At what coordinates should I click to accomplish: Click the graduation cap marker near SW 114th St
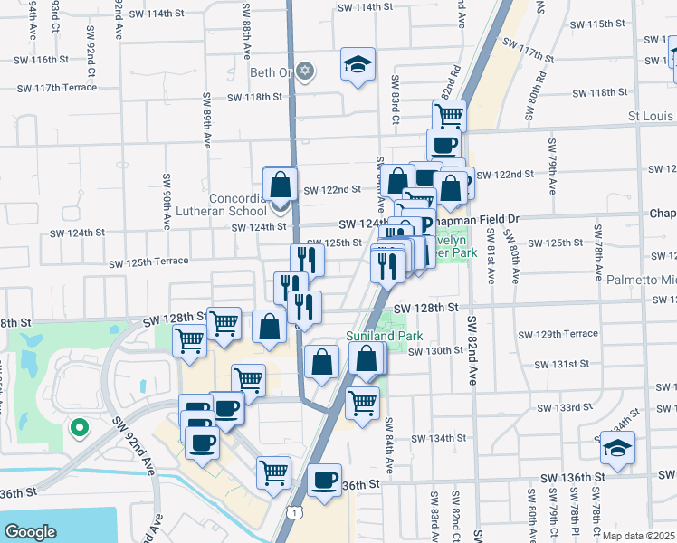pyautogui.click(x=358, y=64)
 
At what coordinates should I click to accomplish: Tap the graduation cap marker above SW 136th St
pyautogui.click(x=617, y=448)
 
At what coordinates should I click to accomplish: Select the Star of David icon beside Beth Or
pyautogui.click(x=306, y=70)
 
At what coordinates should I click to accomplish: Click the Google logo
pyautogui.click(x=30, y=531)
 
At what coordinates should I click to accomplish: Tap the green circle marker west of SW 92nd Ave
pyautogui.click(x=79, y=426)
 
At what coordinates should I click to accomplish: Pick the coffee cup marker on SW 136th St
pyautogui.click(x=324, y=481)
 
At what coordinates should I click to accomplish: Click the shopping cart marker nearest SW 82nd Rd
pyautogui.click(x=448, y=116)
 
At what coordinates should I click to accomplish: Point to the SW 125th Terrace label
pyautogui.click(x=148, y=263)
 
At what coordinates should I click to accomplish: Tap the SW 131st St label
pyautogui.click(x=561, y=364)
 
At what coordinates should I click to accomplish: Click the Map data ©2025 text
pyautogui.click(x=638, y=535)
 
